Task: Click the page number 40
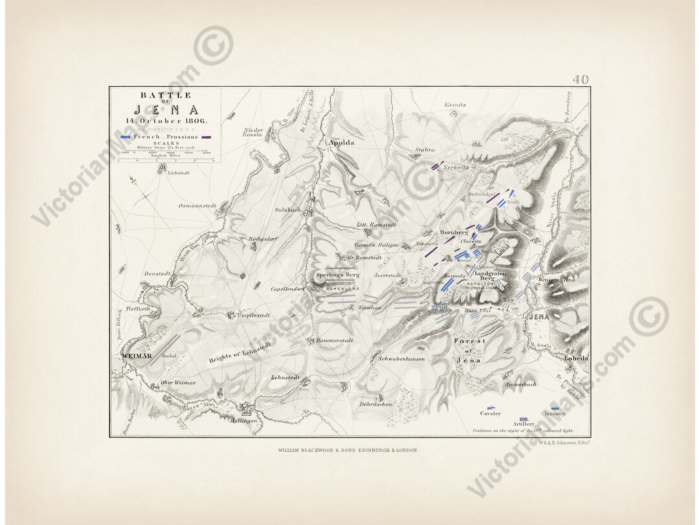coord(581,80)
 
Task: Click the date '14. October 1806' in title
coord(165,121)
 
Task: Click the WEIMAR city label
coord(136,356)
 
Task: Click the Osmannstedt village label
coord(197,205)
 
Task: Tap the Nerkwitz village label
coord(456,167)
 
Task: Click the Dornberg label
coord(454,232)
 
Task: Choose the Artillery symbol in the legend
coord(524,418)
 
